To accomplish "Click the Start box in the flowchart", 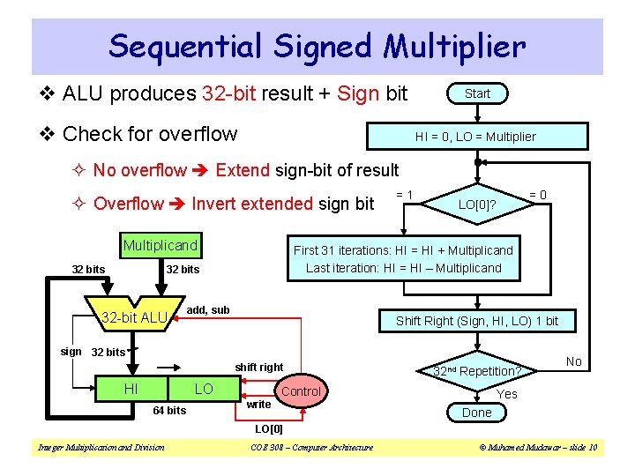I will [x=477, y=93].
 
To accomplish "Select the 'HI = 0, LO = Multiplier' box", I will [x=475, y=137].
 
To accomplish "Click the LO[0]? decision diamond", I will [x=476, y=205].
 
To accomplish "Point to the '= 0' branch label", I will [x=537, y=194].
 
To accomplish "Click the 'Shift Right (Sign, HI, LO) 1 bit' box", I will [x=476, y=321].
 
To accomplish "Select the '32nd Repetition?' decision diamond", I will [x=477, y=370].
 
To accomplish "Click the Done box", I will [x=477, y=413].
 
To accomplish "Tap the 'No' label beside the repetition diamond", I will [x=573, y=361].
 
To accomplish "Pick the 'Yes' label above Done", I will [x=507, y=394].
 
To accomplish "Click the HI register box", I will [x=130, y=389].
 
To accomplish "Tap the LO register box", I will [x=204, y=389].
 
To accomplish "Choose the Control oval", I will [x=301, y=390].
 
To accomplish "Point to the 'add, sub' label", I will [x=209, y=309].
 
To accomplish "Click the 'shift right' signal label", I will [x=258, y=367].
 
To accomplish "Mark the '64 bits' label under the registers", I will [x=169, y=410].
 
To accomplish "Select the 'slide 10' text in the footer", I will [x=579, y=448].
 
